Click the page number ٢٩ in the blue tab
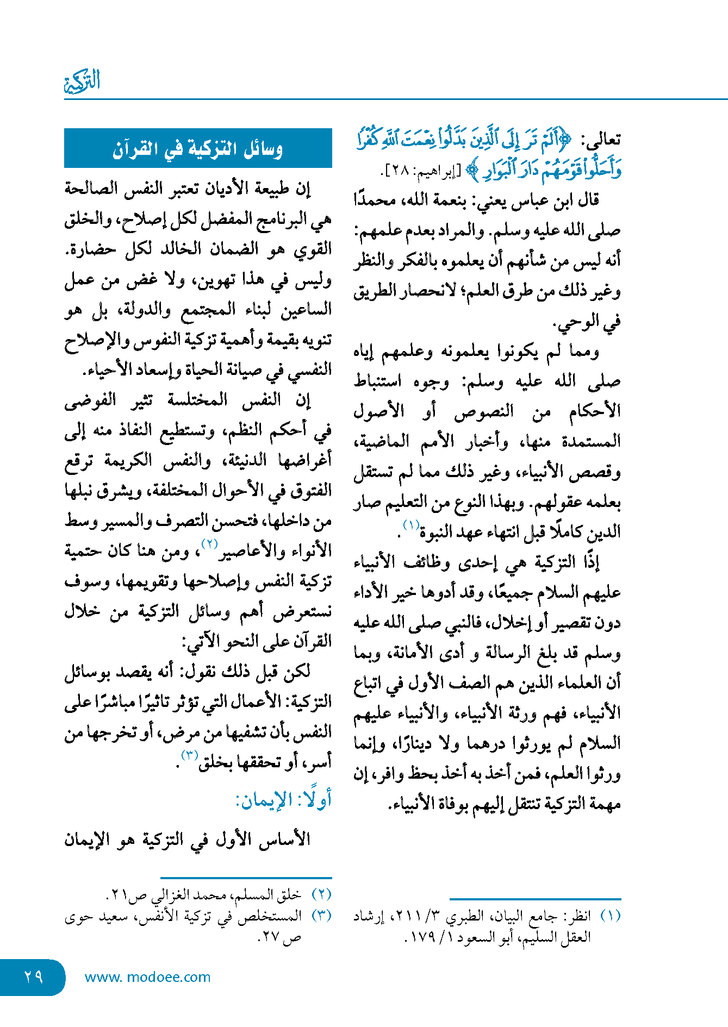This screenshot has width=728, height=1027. click(33, 976)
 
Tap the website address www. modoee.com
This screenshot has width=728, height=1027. click(147, 977)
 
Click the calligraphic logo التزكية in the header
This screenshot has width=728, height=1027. click(83, 82)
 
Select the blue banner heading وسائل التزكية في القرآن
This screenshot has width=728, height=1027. click(198, 148)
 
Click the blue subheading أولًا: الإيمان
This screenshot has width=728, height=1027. click(283, 800)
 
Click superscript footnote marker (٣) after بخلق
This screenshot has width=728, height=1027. click(189, 755)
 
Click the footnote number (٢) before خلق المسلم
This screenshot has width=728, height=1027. click(321, 894)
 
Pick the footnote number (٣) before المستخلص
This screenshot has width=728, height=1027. click(321, 916)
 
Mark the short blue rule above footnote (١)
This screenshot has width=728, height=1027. click(535, 899)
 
